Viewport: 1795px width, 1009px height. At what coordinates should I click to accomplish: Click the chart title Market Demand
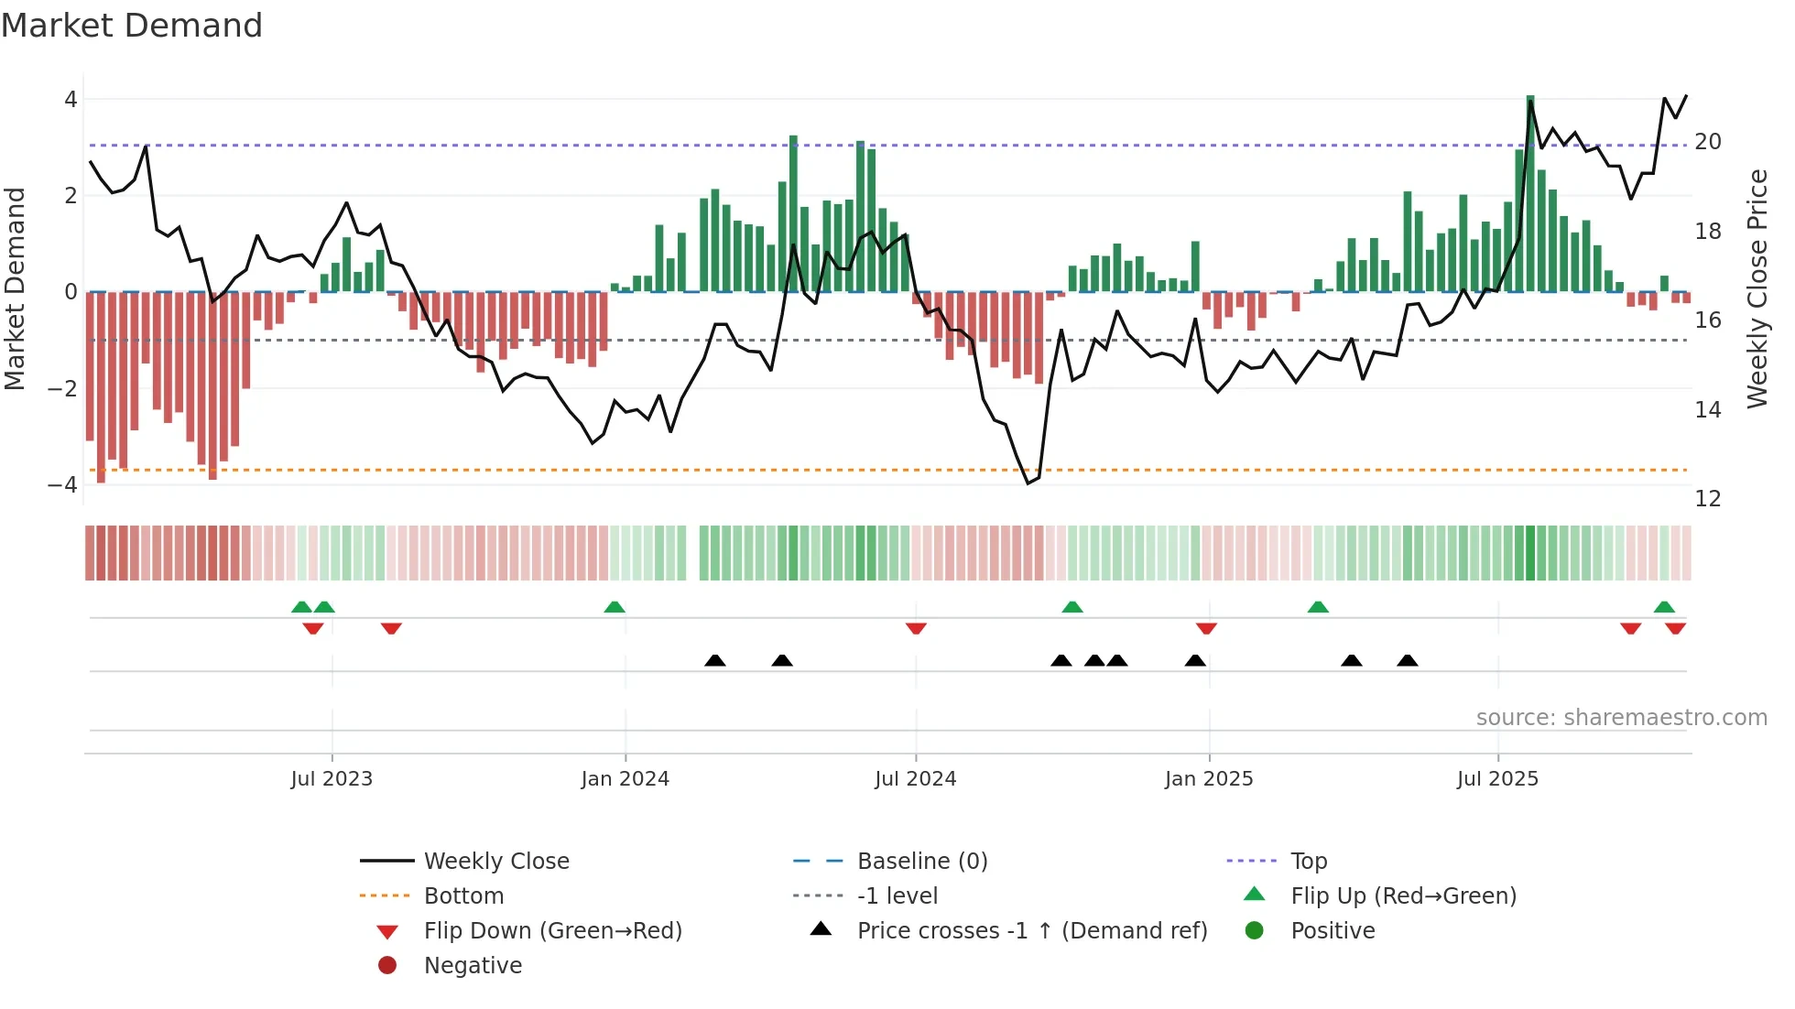pyautogui.click(x=132, y=26)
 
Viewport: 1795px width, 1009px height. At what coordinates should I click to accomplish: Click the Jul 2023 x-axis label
pyautogui.click(x=332, y=779)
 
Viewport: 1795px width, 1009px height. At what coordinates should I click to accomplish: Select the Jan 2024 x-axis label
pyautogui.click(x=625, y=779)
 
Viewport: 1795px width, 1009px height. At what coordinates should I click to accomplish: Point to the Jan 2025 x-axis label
pyautogui.click(x=1208, y=779)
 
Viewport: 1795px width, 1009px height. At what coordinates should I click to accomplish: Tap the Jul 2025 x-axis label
pyautogui.click(x=1497, y=779)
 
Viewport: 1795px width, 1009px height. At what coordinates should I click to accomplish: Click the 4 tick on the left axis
pyautogui.click(x=71, y=100)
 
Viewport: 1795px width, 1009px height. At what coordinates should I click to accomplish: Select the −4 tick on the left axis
pyautogui.click(x=63, y=485)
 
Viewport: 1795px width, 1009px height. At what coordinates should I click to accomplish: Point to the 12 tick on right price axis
pyautogui.click(x=1707, y=499)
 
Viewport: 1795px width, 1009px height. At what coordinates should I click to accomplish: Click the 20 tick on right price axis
pyautogui.click(x=1707, y=142)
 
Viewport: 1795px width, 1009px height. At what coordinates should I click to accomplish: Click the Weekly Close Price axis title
pyautogui.click(x=1757, y=288)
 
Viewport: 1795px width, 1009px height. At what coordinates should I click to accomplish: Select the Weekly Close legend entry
pyautogui.click(x=495, y=862)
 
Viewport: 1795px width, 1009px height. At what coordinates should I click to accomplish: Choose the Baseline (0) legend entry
pyautogui.click(x=921, y=862)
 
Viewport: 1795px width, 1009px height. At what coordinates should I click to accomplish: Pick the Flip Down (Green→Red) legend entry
pyautogui.click(x=552, y=931)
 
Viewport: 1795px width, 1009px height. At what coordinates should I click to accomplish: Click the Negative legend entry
pyautogui.click(x=473, y=966)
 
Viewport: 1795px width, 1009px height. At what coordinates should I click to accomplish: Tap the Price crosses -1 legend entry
pyautogui.click(x=1031, y=931)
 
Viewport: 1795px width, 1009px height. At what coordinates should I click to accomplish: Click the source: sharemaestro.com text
pyautogui.click(x=1621, y=718)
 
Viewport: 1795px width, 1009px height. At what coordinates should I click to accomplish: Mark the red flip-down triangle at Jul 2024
pyautogui.click(x=916, y=628)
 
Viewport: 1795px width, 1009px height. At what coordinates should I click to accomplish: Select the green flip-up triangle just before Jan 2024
pyautogui.click(x=615, y=607)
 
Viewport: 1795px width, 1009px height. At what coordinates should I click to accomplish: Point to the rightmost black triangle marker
pyautogui.click(x=1408, y=660)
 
